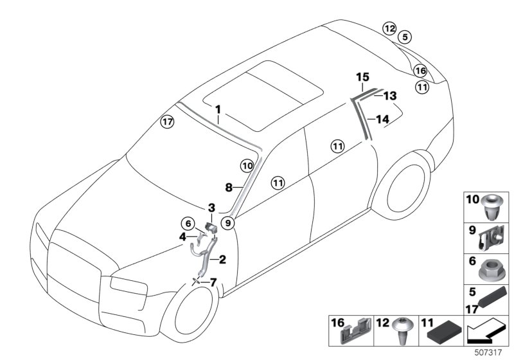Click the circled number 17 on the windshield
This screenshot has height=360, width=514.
tap(167, 122)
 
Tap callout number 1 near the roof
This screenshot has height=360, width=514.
tap(218, 109)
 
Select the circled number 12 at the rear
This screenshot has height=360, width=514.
tap(389, 28)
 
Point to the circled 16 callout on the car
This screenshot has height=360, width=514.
tap(420, 71)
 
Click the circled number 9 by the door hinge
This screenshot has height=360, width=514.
tap(227, 223)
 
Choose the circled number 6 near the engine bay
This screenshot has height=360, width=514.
tap(188, 223)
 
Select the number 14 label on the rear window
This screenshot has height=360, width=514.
tap(382, 119)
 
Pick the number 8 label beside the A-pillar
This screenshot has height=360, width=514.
tap(229, 188)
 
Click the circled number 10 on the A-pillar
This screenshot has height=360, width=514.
tap(247, 166)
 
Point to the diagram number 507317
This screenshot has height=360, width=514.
tap(490, 352)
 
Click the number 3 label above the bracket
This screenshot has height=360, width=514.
tap(211, 207)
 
